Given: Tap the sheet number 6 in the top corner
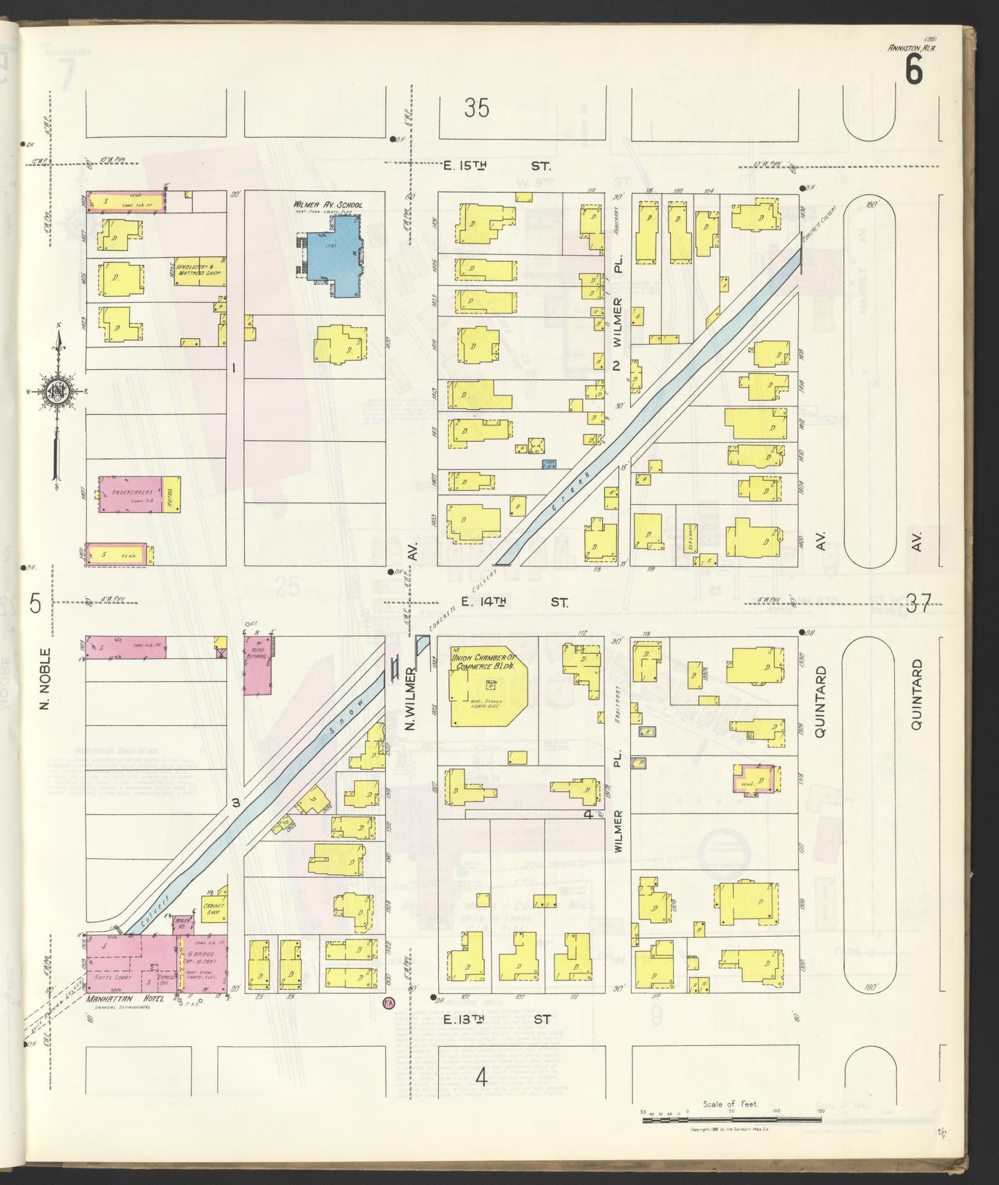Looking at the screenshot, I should (913, 70).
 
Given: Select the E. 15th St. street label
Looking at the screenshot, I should (497, 166).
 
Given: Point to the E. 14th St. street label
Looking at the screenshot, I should (511, 602).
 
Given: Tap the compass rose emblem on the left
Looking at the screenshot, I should (56, 392).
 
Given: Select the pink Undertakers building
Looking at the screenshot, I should (130, 494).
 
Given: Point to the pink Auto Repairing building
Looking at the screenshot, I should (256, 664).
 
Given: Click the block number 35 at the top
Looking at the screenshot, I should (476, 109).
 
